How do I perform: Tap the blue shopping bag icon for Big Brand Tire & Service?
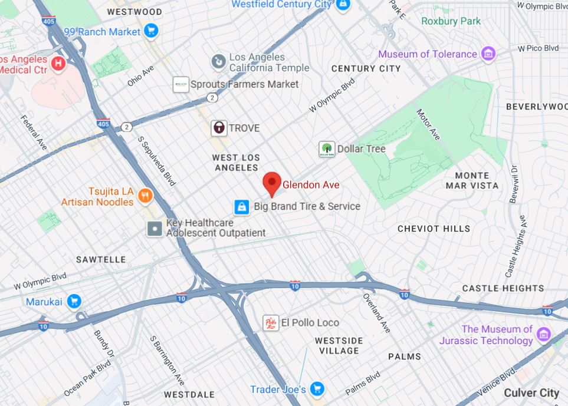click(x=241, y=207)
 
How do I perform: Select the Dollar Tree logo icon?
click(x=326, y=149)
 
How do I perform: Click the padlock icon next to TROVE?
click(x=219, y=128)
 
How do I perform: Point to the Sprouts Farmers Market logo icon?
click(x=180, y=84)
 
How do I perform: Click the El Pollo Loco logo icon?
click(x=271, y=323)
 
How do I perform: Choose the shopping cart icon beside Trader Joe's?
click(x=317, y=389)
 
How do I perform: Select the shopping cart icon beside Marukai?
click(x=74, y=302)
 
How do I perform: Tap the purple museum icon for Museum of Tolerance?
click(x=488, y=54)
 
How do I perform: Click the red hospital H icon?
click(x=58, y=63)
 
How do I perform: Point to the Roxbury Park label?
click(x=451, y=21)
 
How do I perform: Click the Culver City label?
click(x=531, y=392)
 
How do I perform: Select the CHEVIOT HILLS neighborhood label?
click(x=434, y=229)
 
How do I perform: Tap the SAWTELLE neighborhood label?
click(x=101, y=259)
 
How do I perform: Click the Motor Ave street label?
click(x=428, y=124)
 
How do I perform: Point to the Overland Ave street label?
click(x=376, y=312)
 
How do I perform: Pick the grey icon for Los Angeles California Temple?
click(x=218, y=61)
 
